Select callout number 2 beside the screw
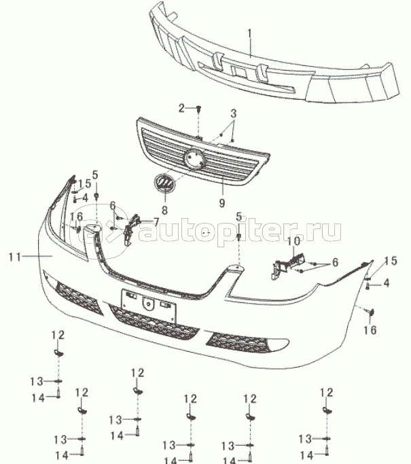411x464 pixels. (181, 107)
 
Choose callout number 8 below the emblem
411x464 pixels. (164, 211)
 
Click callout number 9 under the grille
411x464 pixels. (221, 202)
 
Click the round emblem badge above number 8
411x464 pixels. (164, 184)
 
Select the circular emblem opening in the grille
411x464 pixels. (196, 159)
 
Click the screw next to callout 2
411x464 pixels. (198, 108)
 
